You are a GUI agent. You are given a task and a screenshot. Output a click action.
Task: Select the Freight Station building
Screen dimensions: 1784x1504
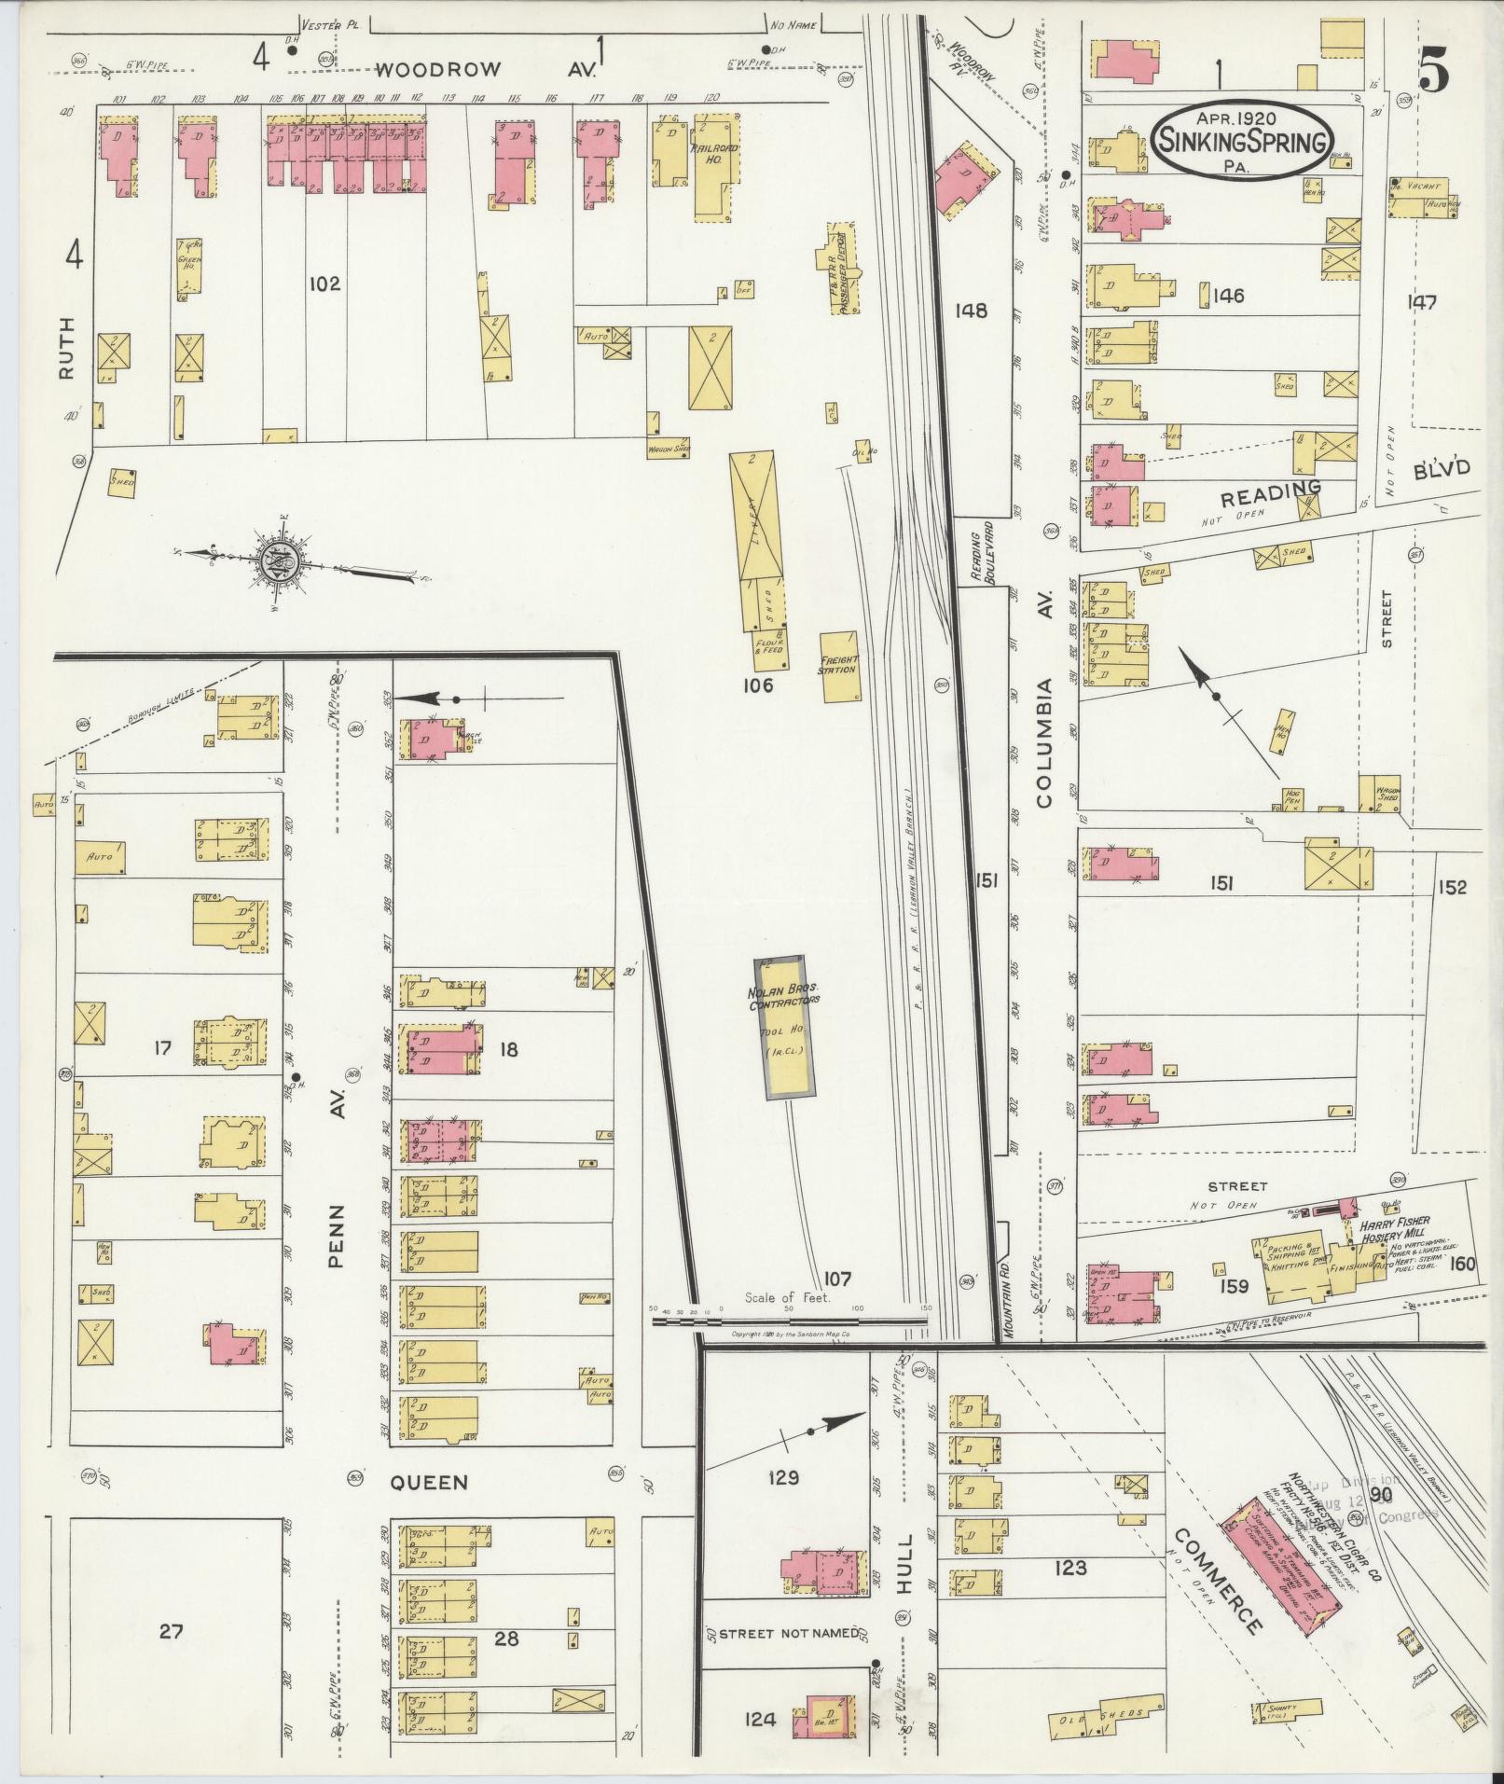[x=838, y=666]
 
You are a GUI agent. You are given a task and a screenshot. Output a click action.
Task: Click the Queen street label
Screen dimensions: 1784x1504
[x=429, y=1482]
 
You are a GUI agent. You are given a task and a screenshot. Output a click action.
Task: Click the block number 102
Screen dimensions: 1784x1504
[x=325, y=284]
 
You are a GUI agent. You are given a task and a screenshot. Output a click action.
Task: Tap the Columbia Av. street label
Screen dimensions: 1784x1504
[x=1043, y=742]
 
